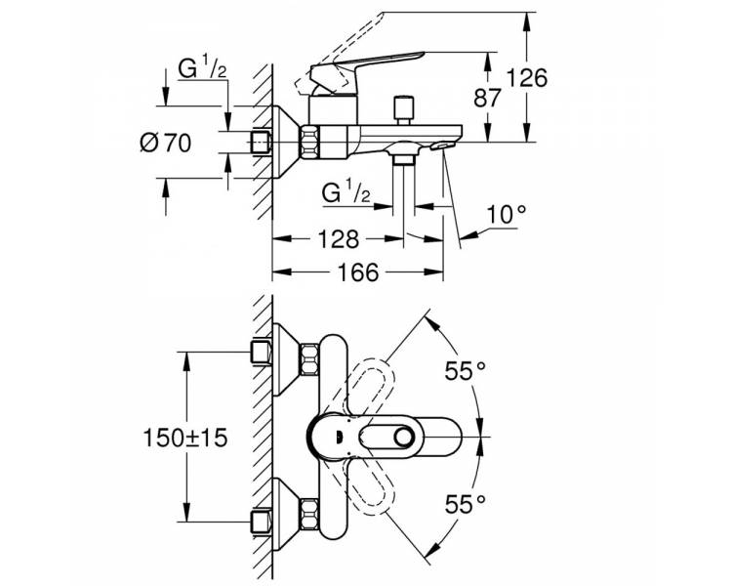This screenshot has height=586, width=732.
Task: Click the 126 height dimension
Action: point(527,77)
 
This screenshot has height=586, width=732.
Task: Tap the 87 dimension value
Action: point(487,98)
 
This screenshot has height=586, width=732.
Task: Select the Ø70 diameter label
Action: point(165,143)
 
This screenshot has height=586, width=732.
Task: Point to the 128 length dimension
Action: point(338,238)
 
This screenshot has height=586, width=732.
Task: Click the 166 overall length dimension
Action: point(358,272)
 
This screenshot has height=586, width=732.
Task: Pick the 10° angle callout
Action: point(507,215)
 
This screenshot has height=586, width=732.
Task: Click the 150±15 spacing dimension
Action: point(184,438)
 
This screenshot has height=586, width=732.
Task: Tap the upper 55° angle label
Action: point(465,371)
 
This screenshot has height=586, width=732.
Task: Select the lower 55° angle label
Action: point(465,504)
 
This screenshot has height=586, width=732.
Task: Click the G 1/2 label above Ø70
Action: point(202,68)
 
